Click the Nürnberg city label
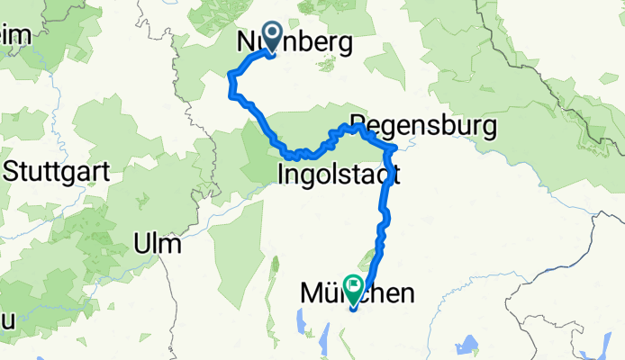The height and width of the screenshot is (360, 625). tap(294, 42)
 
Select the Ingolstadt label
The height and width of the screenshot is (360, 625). tap(340, 173)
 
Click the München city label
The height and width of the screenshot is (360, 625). tap(358, 293)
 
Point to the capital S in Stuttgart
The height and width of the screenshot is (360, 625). tap(13, 170)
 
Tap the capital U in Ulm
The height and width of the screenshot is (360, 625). tap(140, 244)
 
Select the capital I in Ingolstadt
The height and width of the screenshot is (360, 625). tap(283, 173)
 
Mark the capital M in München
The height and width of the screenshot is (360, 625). tap(311, 293)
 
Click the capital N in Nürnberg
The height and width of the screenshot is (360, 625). tap(245, 42)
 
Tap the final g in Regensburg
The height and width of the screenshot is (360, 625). tap(488, 128)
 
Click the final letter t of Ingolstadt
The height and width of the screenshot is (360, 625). tap(395, 173)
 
